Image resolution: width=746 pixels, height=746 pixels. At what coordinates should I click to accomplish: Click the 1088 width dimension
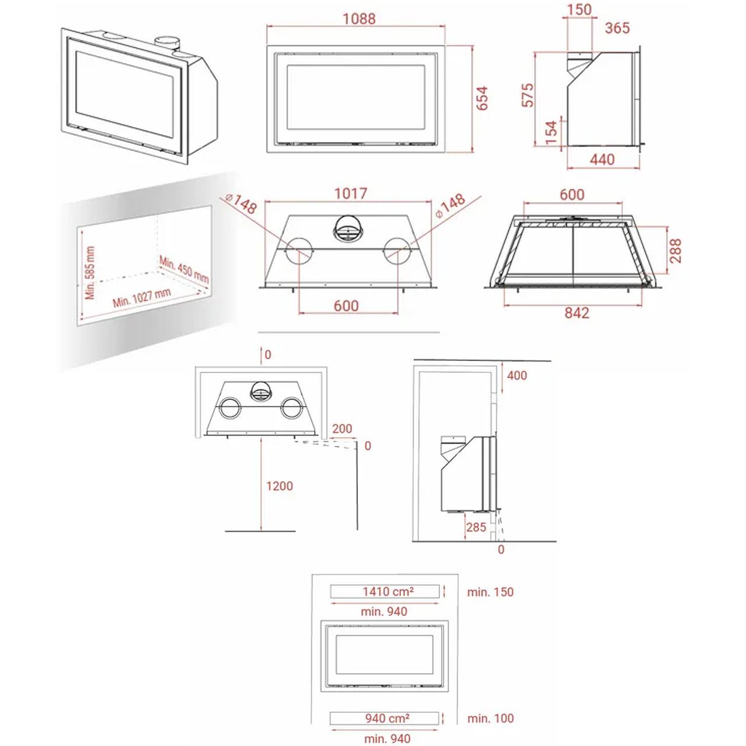[359, 19]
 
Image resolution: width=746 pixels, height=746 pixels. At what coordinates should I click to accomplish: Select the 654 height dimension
[482, 98]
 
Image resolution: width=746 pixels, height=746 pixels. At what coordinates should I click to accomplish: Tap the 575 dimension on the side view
[527, 95]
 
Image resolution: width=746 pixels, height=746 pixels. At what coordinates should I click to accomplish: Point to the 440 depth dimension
[602, 160]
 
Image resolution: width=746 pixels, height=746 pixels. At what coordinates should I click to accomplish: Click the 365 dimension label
[617, 28]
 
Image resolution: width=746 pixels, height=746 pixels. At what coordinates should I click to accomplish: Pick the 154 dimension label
[551, 132]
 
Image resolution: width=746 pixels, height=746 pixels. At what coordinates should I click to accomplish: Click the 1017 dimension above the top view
[350, 193]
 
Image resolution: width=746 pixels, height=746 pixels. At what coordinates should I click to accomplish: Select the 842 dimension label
[576, 313]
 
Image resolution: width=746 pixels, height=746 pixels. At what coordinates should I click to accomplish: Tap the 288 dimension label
[675, 251]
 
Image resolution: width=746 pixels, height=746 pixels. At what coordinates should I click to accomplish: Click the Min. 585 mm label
[90, 273]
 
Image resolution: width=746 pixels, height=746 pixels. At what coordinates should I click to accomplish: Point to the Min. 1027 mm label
[142, 298]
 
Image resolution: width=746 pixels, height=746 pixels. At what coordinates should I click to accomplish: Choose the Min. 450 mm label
[184, 269]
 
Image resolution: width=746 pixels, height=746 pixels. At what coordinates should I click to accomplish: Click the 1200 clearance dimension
[280, 486]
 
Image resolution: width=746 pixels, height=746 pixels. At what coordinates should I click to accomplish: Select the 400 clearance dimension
[517, 375]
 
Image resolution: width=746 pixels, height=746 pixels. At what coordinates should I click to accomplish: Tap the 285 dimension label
[476, 527]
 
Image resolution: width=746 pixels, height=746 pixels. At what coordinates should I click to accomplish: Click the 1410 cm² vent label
[388, 591]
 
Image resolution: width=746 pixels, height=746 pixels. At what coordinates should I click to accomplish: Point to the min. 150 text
[490, 592]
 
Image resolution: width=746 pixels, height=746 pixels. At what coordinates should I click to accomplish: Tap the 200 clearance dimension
[342, 428]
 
